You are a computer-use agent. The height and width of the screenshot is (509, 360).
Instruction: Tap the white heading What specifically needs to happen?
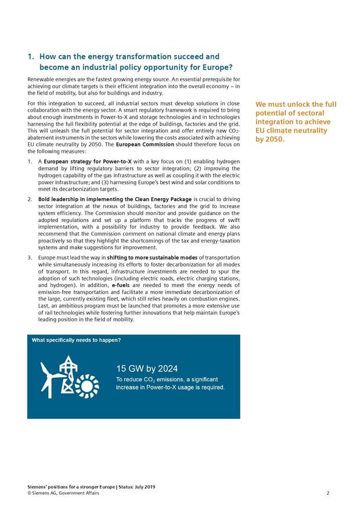tap(76, 340)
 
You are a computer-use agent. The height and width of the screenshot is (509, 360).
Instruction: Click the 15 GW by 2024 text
tap(146, 368)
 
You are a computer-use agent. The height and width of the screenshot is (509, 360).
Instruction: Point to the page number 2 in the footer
tap(327, 493)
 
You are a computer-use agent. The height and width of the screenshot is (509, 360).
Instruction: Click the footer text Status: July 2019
tap(136, 487)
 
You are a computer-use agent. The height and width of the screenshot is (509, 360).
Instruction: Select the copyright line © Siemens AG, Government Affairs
tap(63, 493)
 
